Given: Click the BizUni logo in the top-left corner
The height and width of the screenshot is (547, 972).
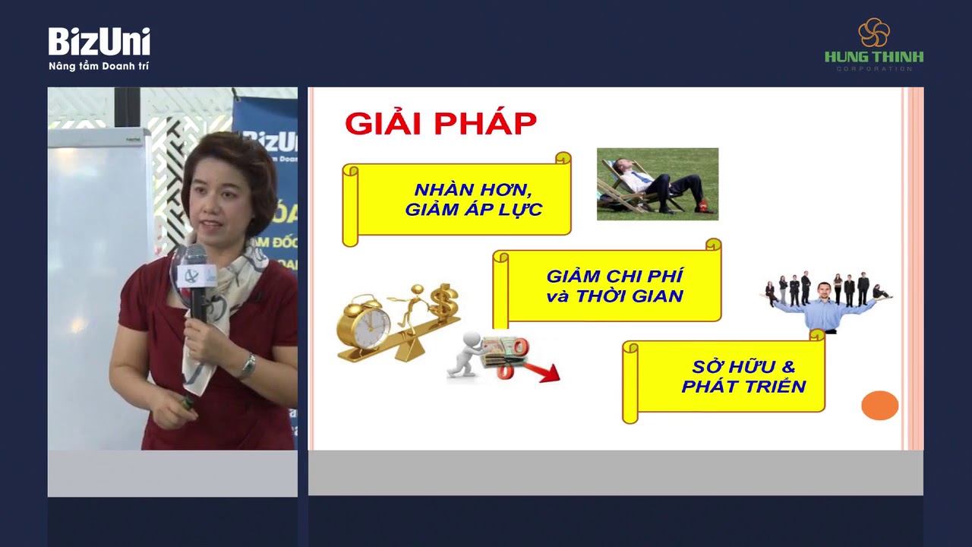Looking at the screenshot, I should click(x=99, y=42).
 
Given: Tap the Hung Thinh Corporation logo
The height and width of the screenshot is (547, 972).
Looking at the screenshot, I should click(x=874, y=44).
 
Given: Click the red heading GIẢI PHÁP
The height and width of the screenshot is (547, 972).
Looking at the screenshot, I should click(x=440, y=123).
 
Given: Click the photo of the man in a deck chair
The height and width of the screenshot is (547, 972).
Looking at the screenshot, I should click(x=657, y=184).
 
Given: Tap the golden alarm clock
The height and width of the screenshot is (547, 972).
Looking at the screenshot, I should click(x=364, y=323).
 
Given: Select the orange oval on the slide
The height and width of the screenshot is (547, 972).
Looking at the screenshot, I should click(x=879, y=405).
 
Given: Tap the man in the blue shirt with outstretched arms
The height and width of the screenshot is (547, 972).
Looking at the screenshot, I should click(x=824, y=308).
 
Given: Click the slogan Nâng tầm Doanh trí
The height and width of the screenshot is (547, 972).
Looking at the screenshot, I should click(x=99, y=67).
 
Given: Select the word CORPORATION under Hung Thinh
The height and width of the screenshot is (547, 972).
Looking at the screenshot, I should click(x=874, y=69).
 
